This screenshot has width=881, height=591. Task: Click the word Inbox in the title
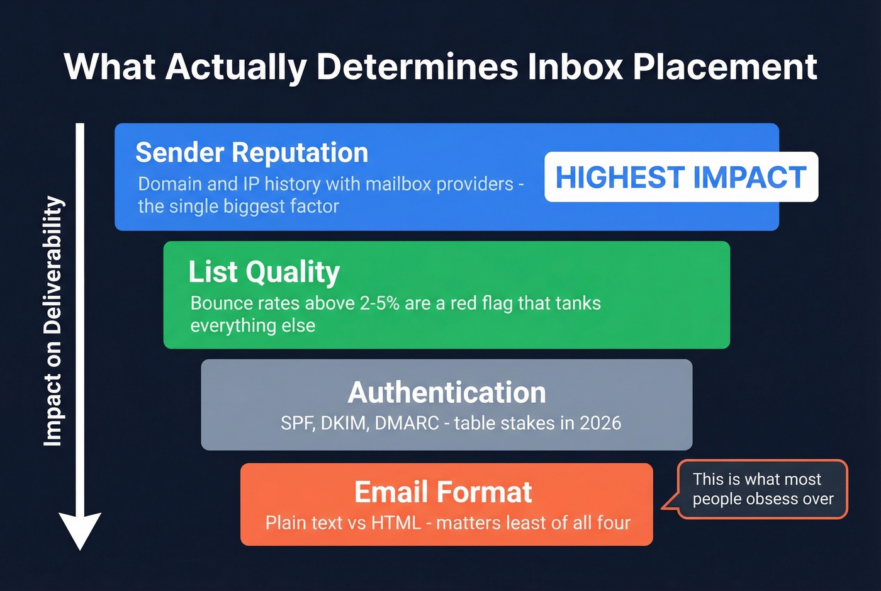(x=575, y=67)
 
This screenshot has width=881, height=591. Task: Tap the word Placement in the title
(x=724, y=67)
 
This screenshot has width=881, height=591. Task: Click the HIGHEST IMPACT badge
(x=681, y=177)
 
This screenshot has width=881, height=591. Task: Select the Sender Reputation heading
(x=252, y=153)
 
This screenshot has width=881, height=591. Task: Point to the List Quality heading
(x=264, y=272)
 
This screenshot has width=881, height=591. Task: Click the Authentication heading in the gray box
(x=447, y=393)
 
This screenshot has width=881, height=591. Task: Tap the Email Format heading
(x=443, y=492)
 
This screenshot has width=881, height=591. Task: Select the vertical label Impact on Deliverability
(x=53, y=321)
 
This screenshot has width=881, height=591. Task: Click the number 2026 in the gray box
(x=600, y=423)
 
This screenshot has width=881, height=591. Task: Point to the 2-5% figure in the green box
(x=379, y=303)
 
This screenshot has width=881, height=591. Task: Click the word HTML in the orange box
(x=396, y=523)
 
